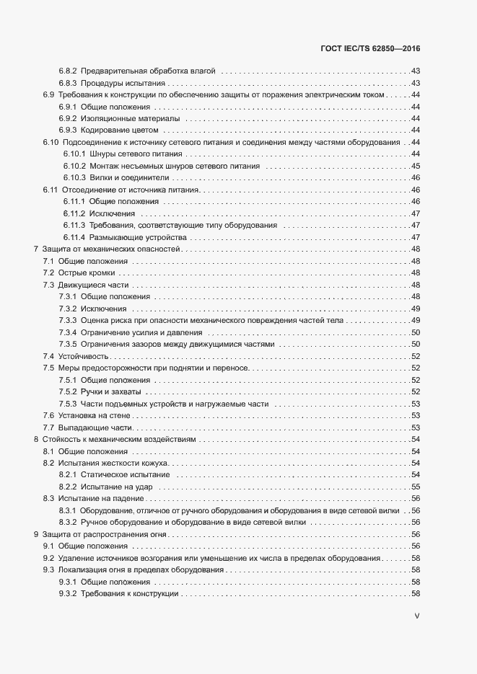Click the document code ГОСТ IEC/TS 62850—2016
point(369,49)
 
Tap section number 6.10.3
point(75,177)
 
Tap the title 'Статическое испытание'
point(126,475)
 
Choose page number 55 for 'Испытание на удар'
point(416,487)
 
